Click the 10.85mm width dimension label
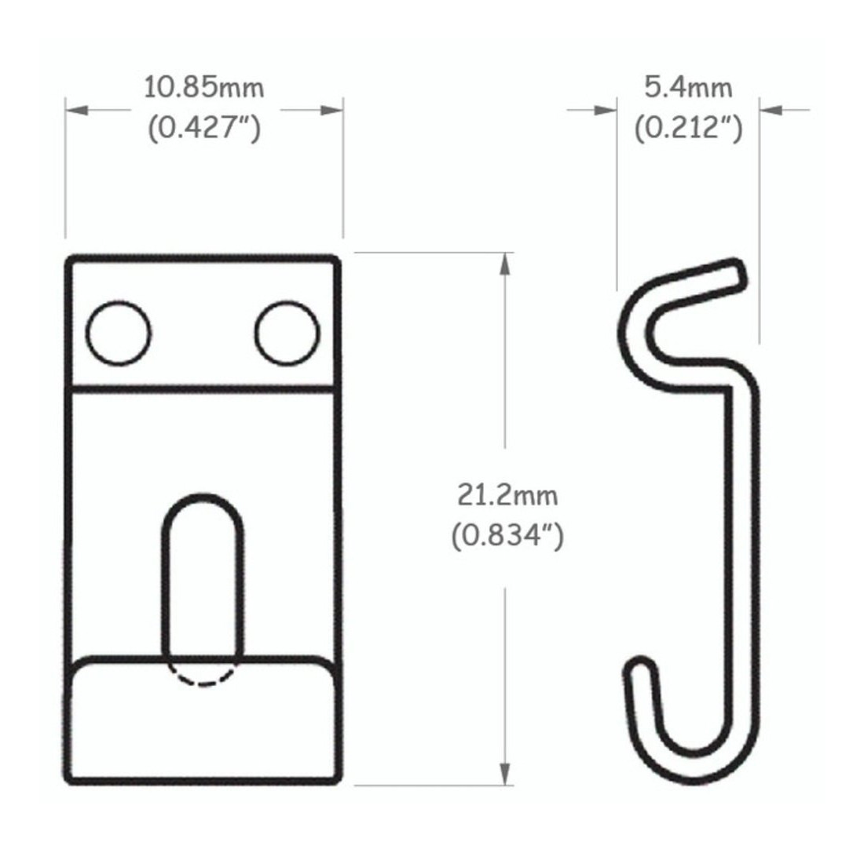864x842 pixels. (204, 88)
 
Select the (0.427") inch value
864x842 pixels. (204, 128)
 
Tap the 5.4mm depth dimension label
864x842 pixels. (688, 88)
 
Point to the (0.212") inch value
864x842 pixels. (688, 128)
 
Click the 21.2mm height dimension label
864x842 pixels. (507, 495)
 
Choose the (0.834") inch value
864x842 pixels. (507, 535)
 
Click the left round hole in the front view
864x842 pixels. (119, 333)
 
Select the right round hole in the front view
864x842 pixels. (287, 333)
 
